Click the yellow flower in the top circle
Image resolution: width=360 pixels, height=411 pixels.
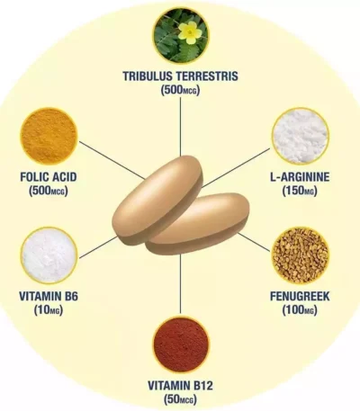coord(188,31)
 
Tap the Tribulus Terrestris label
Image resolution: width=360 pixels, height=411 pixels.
coord(180,76)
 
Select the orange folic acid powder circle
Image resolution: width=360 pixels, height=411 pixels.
coord(49,137)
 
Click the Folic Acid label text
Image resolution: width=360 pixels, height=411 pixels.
coord(49,177)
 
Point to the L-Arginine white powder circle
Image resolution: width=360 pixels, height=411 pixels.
coord(300,137)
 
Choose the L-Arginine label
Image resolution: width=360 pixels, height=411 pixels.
coord(300,177)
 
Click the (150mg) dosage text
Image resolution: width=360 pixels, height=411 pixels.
coord(300,191)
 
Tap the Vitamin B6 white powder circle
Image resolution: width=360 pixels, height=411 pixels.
coord(49,255)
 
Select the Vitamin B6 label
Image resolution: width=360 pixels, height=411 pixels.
coord(49,297)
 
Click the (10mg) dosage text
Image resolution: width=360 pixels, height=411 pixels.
coord(49,310)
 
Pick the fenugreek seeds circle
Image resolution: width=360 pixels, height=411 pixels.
coord(300,255)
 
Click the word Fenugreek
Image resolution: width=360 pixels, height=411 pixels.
coord(300,297)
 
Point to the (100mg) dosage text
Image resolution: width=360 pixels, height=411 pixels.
coord(300,310)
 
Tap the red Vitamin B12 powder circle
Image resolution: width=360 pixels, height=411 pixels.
coord(181,344)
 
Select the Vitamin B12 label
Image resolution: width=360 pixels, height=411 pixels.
coord(180,385)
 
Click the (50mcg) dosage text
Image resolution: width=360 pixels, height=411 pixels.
coord(180,399)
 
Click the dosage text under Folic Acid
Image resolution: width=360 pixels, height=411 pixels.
coord(49,191)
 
